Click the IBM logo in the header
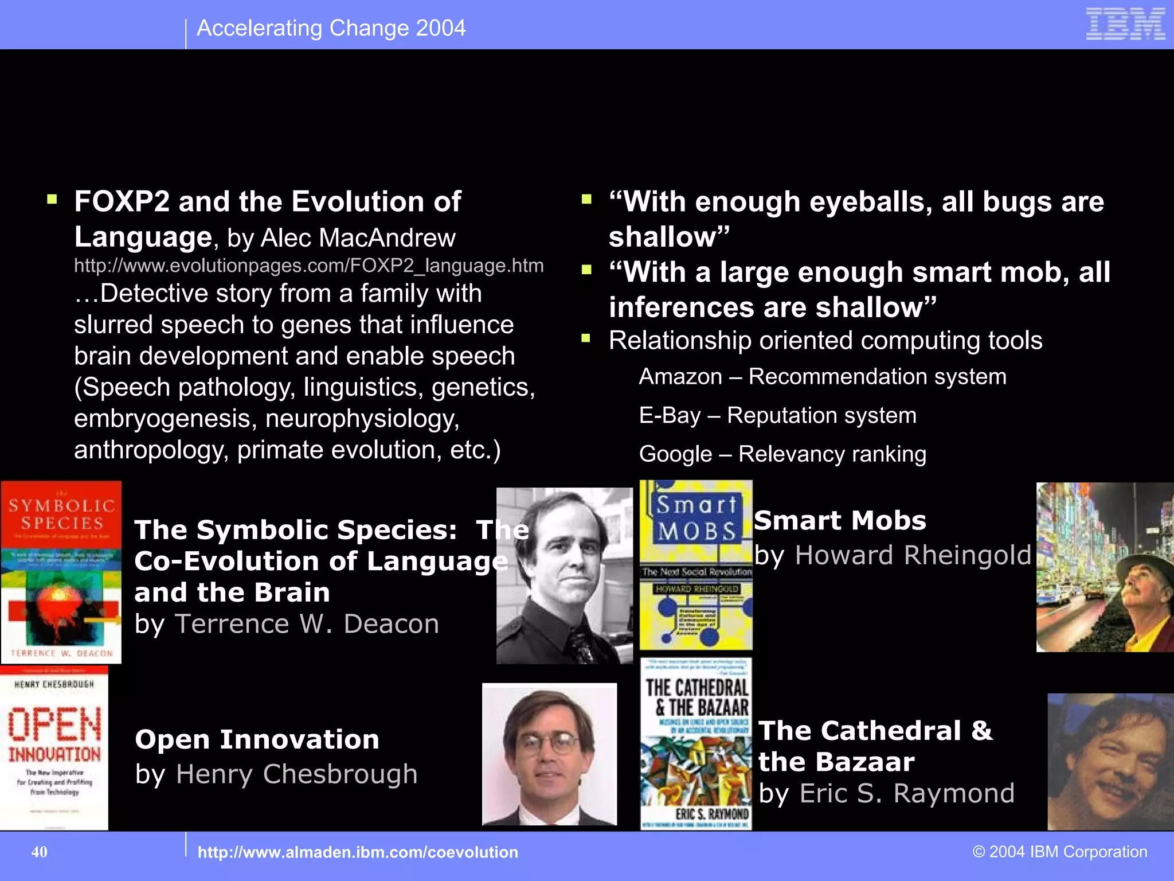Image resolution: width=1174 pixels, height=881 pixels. [x=1125, y=24]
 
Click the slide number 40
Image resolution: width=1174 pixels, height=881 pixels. [x=40, y=852]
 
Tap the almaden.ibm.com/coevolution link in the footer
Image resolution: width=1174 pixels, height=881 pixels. [x=357, y=852]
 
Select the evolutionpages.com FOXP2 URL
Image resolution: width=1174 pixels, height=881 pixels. [x=308, y=266]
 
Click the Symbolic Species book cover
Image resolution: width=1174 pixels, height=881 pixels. [x=61, y=572]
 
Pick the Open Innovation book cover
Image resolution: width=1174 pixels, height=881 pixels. [x=54, y=749]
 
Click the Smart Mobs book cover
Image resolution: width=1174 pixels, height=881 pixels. [x=695, y=564]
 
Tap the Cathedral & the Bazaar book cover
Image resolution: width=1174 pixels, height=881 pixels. [x=695, y=744]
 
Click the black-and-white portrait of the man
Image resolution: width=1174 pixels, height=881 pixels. [x=564, y=575]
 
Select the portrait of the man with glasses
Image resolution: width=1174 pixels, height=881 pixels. [x=549, y=754]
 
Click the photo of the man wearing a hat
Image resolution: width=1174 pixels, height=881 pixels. [x=1105, y=567]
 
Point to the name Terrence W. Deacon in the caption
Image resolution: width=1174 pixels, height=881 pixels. [x=307, y=624]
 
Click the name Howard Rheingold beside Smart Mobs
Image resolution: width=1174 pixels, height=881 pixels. [x=913, y=555]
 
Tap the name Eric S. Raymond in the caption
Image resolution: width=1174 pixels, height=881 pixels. [x=906, y=793]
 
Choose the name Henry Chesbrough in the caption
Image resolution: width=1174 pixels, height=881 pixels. [x=296, y=774]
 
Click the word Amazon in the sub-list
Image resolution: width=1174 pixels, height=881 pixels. [x=680, y=377]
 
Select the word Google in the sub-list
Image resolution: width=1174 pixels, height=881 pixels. [x=675, y=454]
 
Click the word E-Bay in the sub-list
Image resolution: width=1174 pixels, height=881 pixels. [x=670, y=415]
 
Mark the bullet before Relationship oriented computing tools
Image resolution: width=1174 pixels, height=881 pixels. [x=586, y=338]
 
